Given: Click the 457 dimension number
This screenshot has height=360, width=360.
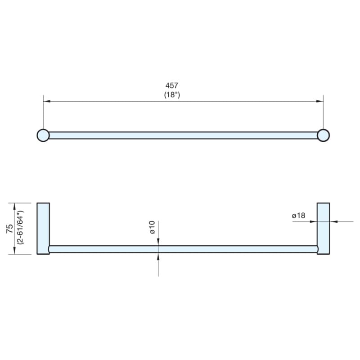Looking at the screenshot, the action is coord(172,85).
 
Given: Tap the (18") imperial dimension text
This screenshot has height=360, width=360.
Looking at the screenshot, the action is coord(172,95).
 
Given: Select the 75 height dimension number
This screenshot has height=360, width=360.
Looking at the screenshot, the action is coord(9,229).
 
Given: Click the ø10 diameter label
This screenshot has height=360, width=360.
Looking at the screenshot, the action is coord(152,227).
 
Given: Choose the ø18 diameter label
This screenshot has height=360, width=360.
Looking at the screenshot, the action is coord(298,216).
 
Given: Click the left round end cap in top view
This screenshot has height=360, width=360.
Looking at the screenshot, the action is coord(43,135).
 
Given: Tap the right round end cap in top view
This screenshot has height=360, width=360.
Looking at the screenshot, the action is coord(323,135).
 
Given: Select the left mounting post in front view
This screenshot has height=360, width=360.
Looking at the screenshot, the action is coord(43,229).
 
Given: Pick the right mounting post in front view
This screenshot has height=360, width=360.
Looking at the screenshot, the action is coord(323,229).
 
